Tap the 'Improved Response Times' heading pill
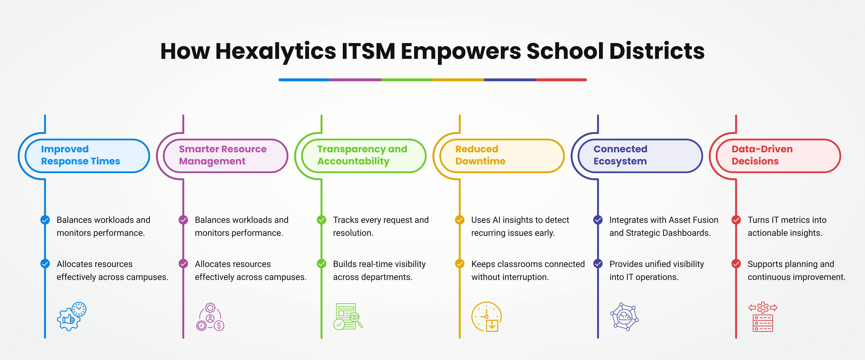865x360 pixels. tap(87, 156)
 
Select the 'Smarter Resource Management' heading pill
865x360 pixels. tap(226, 156)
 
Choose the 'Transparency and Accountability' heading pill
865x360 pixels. tap(364, 156)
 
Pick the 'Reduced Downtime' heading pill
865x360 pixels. tap(502, 156)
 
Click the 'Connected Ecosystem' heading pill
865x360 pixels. tap(640, 156)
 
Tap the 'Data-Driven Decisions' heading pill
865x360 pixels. tap(778, 156)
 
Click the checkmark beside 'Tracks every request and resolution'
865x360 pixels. tap(321, 220)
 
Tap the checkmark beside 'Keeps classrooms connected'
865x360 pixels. tap(460, 264)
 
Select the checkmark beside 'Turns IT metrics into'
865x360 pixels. tap(736, 220)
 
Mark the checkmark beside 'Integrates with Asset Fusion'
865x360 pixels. tap(598, 220)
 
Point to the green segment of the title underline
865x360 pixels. tap(407, 80)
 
